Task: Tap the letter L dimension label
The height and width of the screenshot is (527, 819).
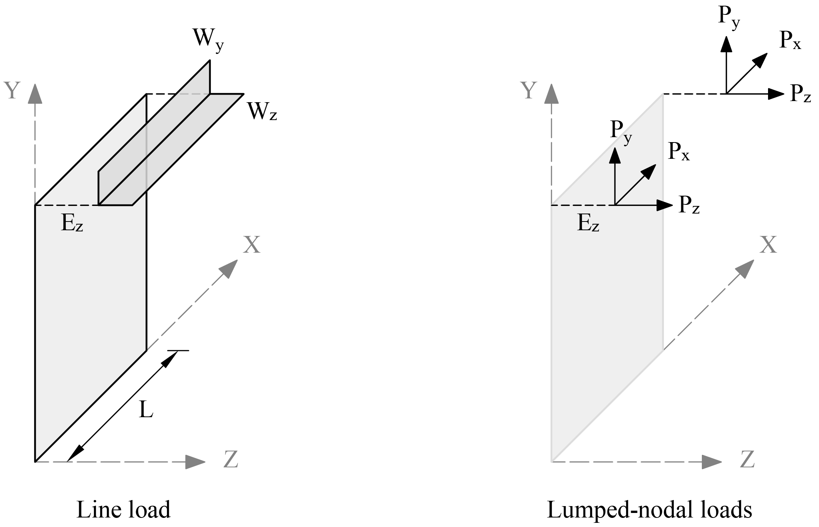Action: pyautogui.click(x=146, y=410)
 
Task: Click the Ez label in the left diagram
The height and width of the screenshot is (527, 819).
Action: pyautogui.click(x=72, y=224)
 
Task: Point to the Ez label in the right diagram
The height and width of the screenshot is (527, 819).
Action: pyautogui.click(x=588, y=224)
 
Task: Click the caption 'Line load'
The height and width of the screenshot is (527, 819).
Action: pyautogui.click(x=124, y=510)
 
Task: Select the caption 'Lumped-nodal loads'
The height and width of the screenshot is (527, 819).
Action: pyautogui.click(x=649, y=510)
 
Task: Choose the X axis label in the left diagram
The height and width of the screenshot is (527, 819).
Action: pyautogui.click(x=252, y=245)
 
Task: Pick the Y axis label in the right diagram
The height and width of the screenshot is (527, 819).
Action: pyautogui.click(x=528, y=91)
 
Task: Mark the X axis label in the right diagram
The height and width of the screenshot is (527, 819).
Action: pyautogui.click(x=768, y=245)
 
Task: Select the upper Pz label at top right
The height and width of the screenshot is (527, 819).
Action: pyautogui.click(x=800, y=93)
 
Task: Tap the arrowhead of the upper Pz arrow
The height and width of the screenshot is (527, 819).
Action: pyautogui.click(x=776, y=93)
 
